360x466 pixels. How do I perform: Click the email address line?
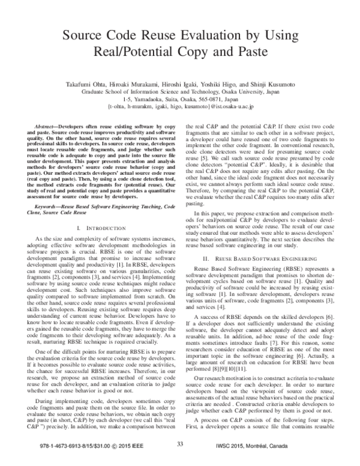(180, 109)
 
